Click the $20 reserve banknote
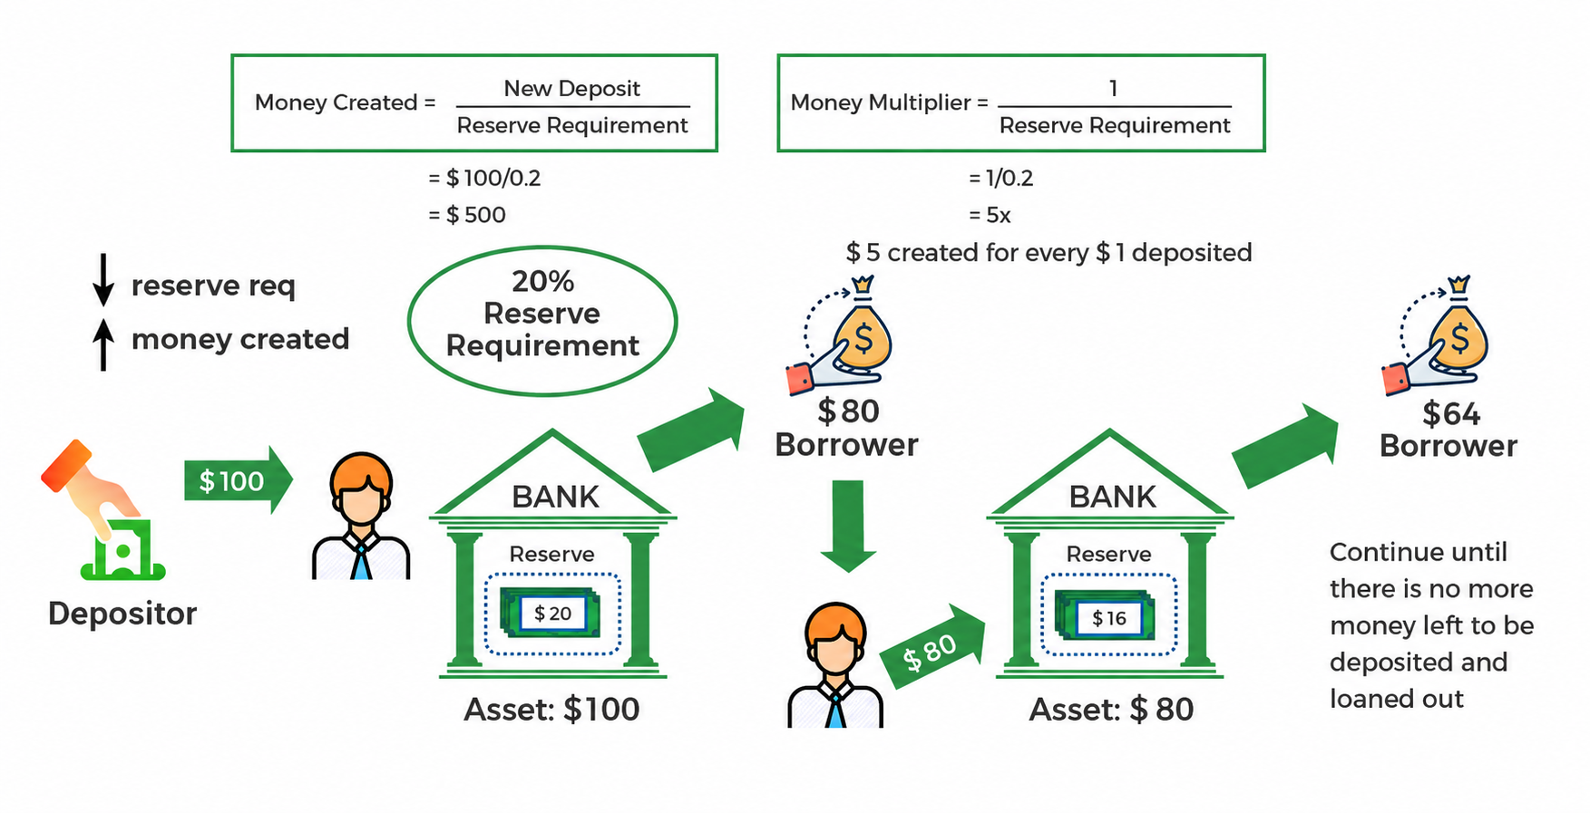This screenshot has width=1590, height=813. tap(552, 614)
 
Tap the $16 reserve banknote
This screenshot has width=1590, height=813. tap(1107, 617)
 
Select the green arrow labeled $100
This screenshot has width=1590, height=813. tap(239, 480)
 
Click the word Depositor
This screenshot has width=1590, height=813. tap(122, 614)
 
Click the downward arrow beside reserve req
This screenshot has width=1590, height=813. tap(103, 279)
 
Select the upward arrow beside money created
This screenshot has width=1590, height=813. tap(103, 344)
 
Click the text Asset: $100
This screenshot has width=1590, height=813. tap(551, 709)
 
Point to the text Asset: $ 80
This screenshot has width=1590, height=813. tap(1111, 709)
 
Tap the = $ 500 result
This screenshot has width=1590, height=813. tap(467, 215)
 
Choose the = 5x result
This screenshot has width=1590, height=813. tap(990, 215)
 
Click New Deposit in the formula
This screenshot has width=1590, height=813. tap(571, 88)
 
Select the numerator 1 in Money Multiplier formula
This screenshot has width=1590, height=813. tap(1113, 88)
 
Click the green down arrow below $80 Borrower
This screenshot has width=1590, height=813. tap(849, 526)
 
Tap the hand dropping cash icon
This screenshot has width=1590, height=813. tap(102, 509)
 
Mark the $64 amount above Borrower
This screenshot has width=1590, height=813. tap(1451, 413)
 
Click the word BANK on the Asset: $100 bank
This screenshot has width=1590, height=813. tap(555, 497)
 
